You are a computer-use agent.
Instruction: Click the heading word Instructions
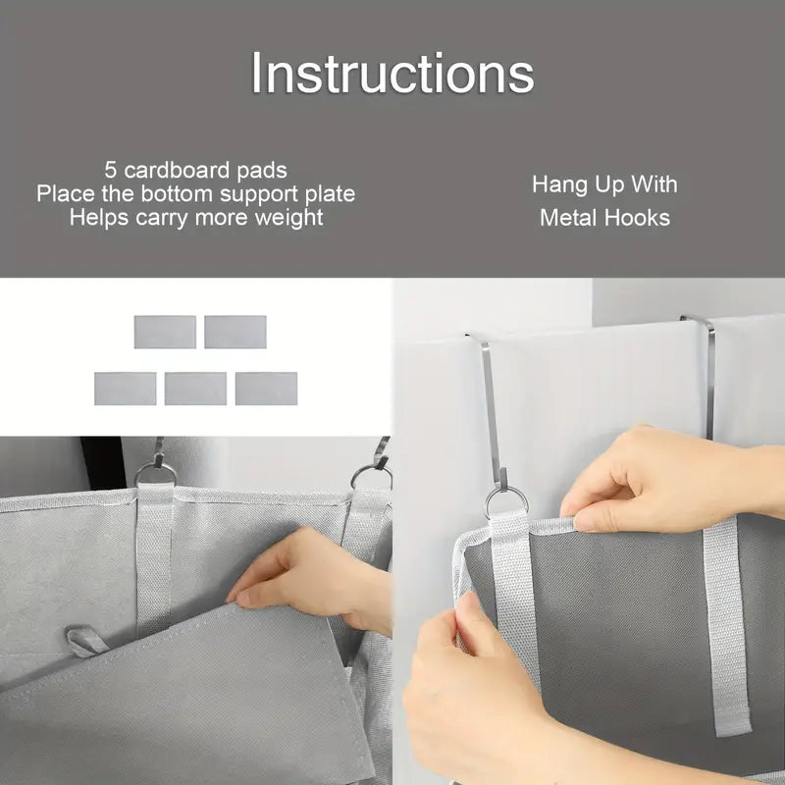click(x=392, y=74)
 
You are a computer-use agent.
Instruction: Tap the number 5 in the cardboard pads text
click(x=111, y=170)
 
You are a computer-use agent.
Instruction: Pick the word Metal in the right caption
click(x=568, y=218)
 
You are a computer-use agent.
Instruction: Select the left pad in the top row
click(x=165, y=332)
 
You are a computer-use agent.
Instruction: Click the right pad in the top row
click(x=235, y=332)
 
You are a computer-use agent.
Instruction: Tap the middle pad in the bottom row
click(x=195, y=389)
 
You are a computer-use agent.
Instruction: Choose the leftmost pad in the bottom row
click(x=126, y=389)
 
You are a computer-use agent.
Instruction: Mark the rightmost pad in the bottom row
click(x=266, y=389)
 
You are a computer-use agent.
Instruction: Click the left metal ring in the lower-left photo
click(x=156, y=475)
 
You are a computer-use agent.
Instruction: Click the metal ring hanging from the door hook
click(x=507, y=501)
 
